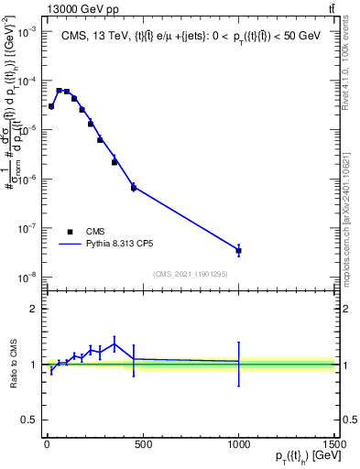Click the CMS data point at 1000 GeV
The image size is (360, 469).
[x=238, y=250]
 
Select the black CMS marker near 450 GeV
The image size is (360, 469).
[x=134, y=187]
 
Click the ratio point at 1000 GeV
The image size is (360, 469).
[x=238, y=362]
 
